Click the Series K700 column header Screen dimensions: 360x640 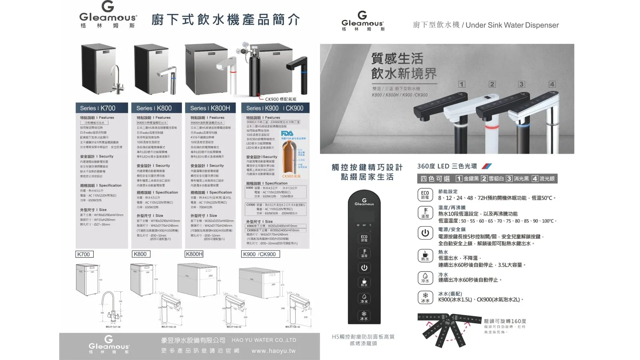point(102,108)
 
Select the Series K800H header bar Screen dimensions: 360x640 point(210,108)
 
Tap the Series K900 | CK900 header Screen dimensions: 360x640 point(275,108)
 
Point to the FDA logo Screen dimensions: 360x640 point(287,134)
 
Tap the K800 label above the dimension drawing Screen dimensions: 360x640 point(140,254)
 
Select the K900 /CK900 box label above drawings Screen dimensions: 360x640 point(260,254)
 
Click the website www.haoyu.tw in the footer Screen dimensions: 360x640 point(273,351)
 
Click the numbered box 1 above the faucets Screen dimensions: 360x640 point(462,84)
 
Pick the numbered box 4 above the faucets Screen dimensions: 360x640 point(552,84)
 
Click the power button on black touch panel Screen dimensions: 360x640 point(364,268)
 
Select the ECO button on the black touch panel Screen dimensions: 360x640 point(364,238)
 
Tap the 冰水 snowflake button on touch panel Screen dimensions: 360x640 point(364,316)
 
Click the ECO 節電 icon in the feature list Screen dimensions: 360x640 point(425,194)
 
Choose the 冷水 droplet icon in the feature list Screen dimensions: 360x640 point(425,278)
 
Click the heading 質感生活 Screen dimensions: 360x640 point(397,59)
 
